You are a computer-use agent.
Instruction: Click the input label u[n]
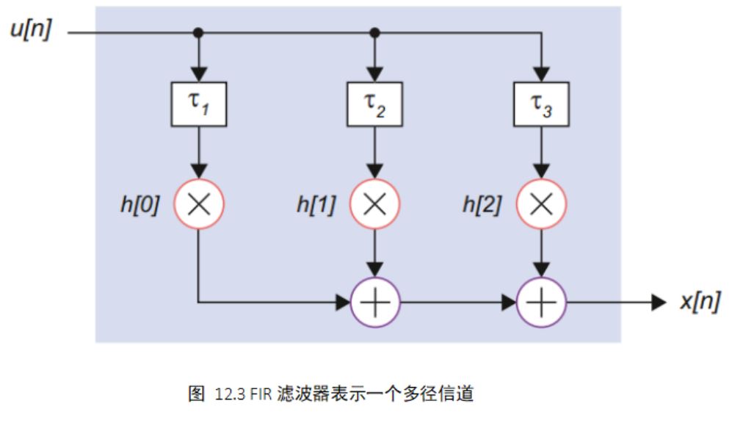(31, 32)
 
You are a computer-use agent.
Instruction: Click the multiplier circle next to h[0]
(199, 204)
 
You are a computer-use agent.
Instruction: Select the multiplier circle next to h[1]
(374, 204)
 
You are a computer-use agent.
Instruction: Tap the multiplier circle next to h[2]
(541, 204)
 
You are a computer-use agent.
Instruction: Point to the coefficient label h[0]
(139, 205)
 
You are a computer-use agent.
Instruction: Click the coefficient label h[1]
(316, 205)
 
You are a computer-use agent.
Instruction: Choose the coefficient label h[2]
(482, 205)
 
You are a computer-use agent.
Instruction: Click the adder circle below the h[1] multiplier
(374, 302)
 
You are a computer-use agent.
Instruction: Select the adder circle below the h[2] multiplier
(541, 302)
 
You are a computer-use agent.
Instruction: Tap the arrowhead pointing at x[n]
(659, 302)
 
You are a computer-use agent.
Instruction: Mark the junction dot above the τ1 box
(199, 33)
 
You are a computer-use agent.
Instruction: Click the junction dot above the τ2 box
(374, 33)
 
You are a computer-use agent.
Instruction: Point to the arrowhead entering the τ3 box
(541, 74)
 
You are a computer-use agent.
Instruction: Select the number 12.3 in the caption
(229, 395)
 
